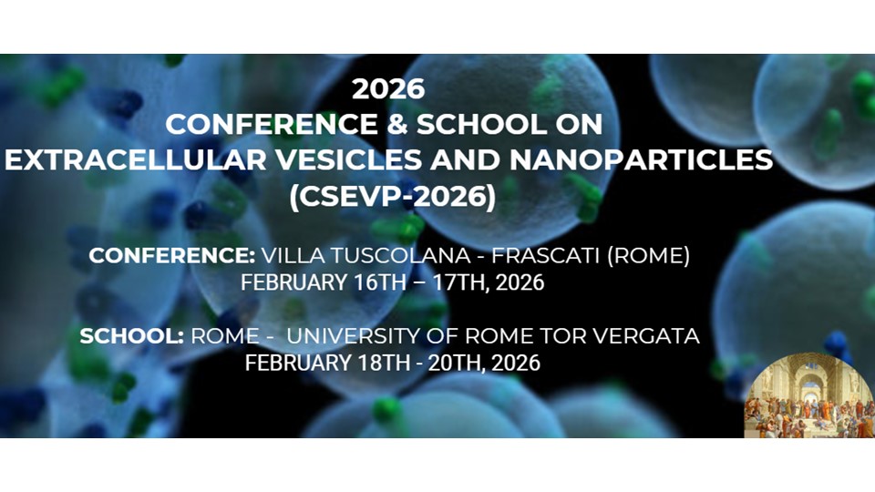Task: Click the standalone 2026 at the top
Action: (x=388, y=88)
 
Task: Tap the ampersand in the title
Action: (x=396, y=124)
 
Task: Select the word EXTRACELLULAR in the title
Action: (x=136, y=159)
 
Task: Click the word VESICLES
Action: (x=349, y=159)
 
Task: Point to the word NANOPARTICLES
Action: (x=641, y=159)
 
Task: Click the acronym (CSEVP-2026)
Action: (x=392, y=197)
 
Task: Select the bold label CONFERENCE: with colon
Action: (x=172, y=255)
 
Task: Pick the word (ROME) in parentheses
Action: (x=648, y=255)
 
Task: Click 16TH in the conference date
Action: (x=379, y=282)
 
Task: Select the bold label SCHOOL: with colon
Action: (x=131, y=336)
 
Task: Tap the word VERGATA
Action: (x=645, y=336)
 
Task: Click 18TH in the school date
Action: (x=384, y=363)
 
